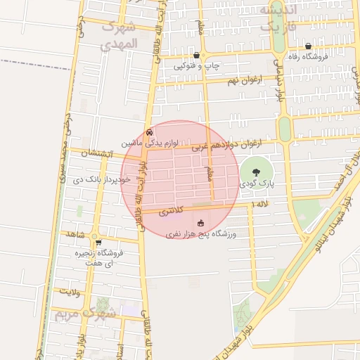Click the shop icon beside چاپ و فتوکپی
point(195,55)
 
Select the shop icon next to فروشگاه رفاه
point(307,46)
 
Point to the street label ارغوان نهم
point(243,81)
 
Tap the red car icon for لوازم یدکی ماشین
point(148,131)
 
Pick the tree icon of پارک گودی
point(255,172)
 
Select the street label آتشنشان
point(96,153)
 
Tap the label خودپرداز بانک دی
point(101,179)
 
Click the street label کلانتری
point(171,210)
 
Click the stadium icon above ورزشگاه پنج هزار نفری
point(200,223)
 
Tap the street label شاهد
point(77,233)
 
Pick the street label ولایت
point(67,290)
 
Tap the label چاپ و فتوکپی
point(197,66)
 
